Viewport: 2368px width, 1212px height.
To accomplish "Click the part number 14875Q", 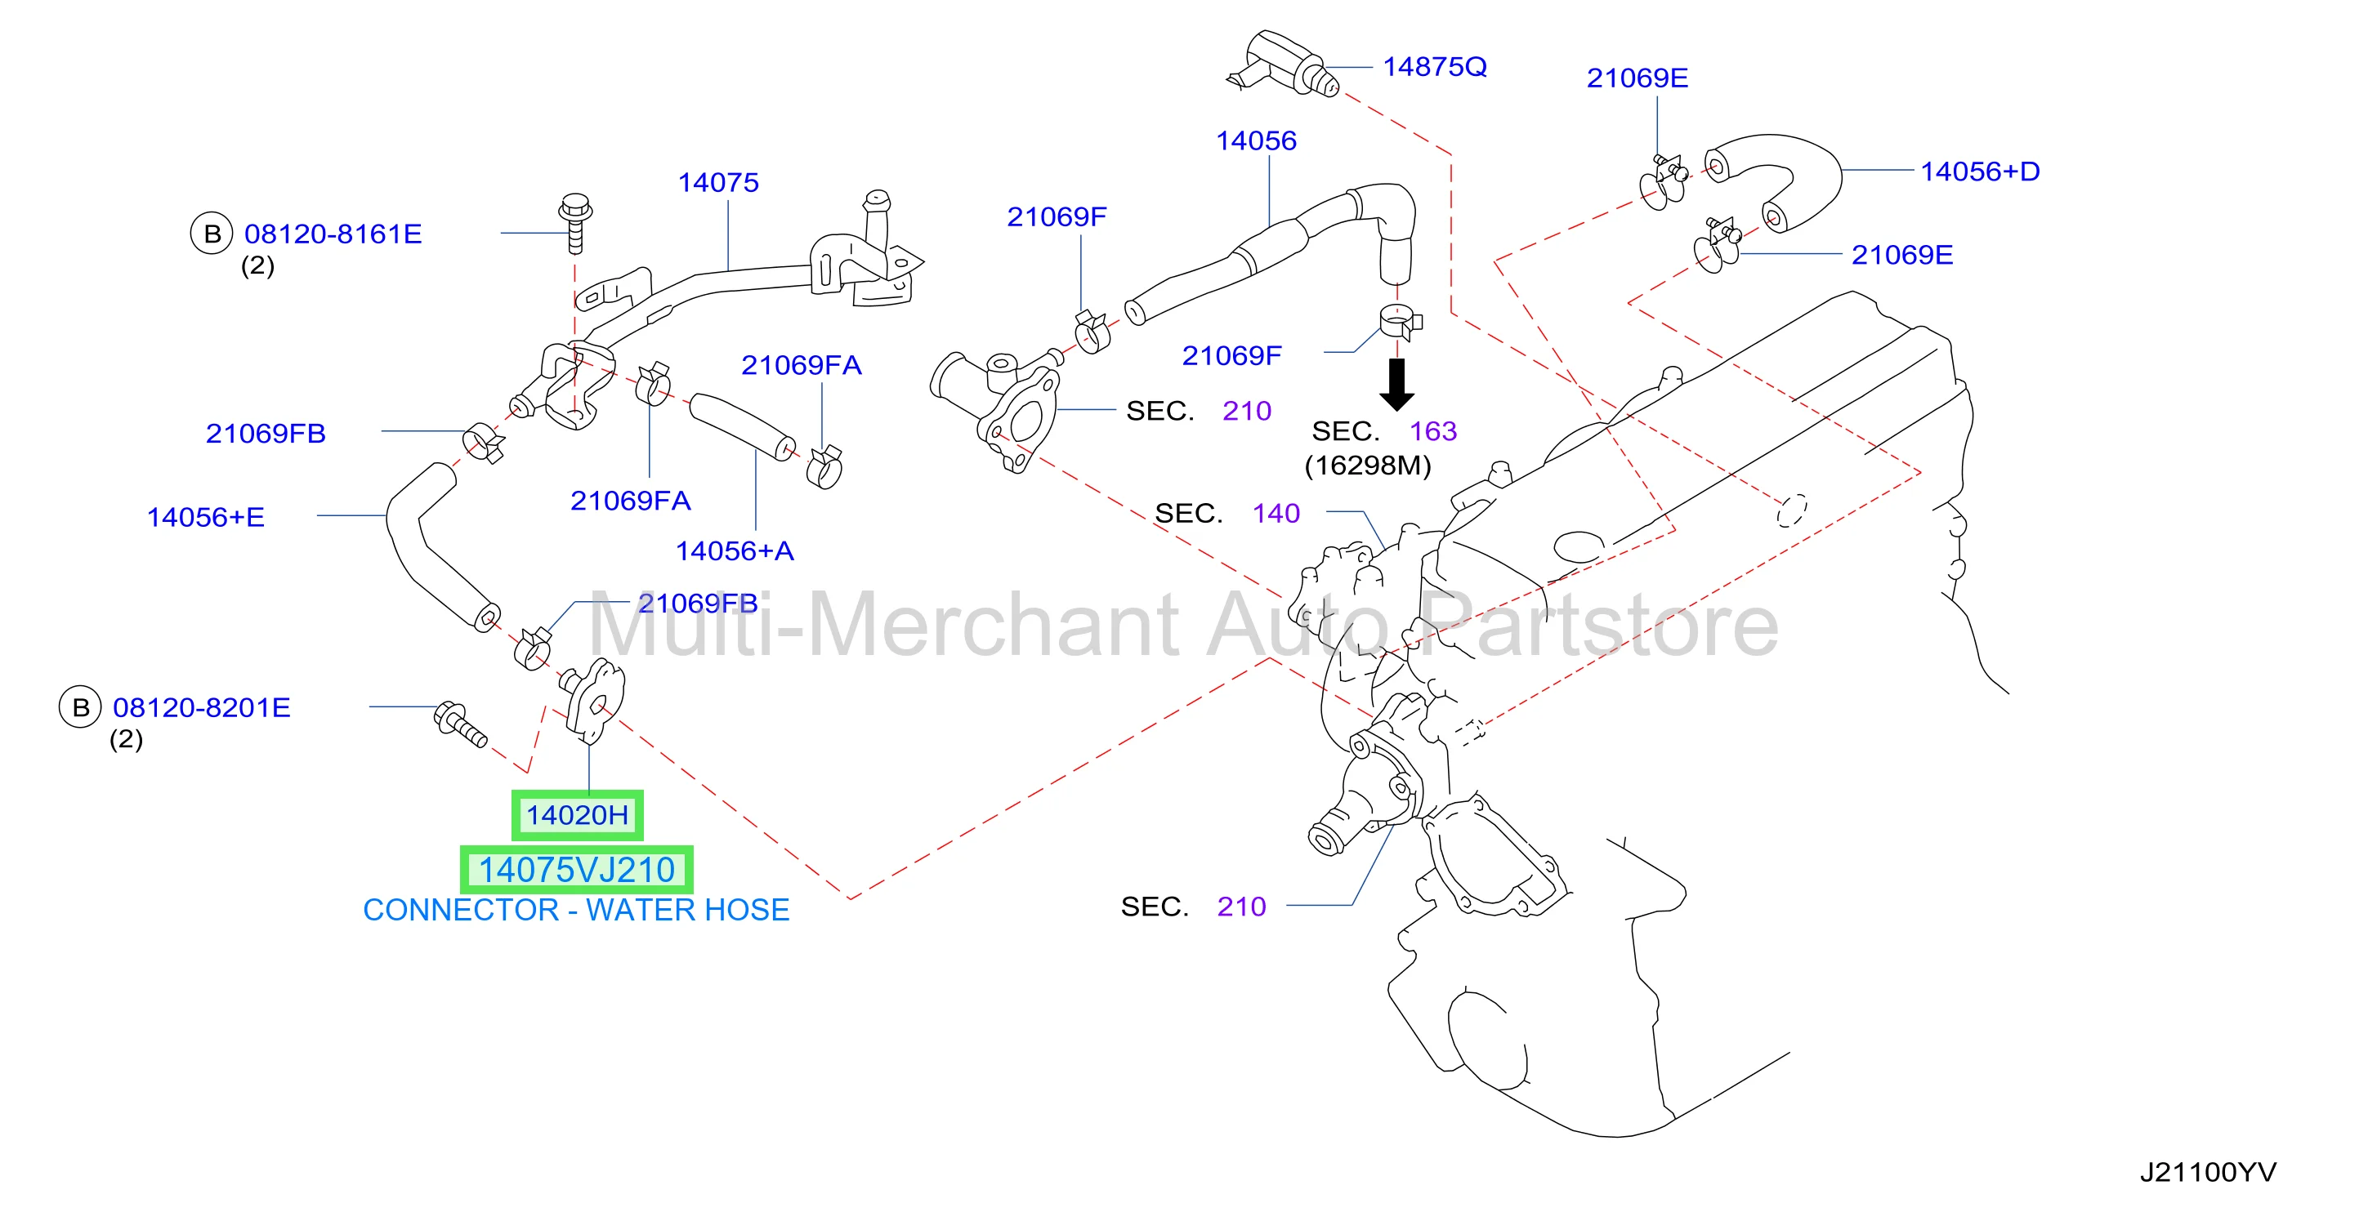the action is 1434,67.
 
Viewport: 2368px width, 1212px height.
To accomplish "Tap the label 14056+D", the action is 1979,171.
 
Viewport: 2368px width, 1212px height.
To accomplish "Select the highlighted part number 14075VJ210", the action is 576,869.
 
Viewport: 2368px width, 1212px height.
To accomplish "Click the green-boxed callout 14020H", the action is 576,814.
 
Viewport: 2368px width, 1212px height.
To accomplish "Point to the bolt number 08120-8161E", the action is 333,234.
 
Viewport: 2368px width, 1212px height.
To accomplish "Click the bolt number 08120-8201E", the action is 201,707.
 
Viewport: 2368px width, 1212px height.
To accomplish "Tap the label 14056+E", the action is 206,517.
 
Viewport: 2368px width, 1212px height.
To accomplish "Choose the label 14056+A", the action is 735,550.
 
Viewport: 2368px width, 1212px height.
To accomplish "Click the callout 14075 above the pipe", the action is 718,183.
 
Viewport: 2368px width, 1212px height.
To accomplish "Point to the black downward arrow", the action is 1396,384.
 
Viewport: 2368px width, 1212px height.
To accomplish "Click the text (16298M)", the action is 1368,466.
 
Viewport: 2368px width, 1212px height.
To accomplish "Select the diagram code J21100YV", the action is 2208,1173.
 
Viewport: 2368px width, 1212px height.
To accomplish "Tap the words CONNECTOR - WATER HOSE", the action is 576,910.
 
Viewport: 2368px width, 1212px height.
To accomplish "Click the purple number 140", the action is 1276,514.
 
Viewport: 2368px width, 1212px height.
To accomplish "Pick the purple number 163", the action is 1433,431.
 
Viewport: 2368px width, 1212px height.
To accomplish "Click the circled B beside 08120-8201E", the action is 81,707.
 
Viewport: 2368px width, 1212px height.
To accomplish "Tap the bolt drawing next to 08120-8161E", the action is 574,222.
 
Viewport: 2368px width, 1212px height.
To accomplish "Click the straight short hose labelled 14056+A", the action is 743,426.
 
